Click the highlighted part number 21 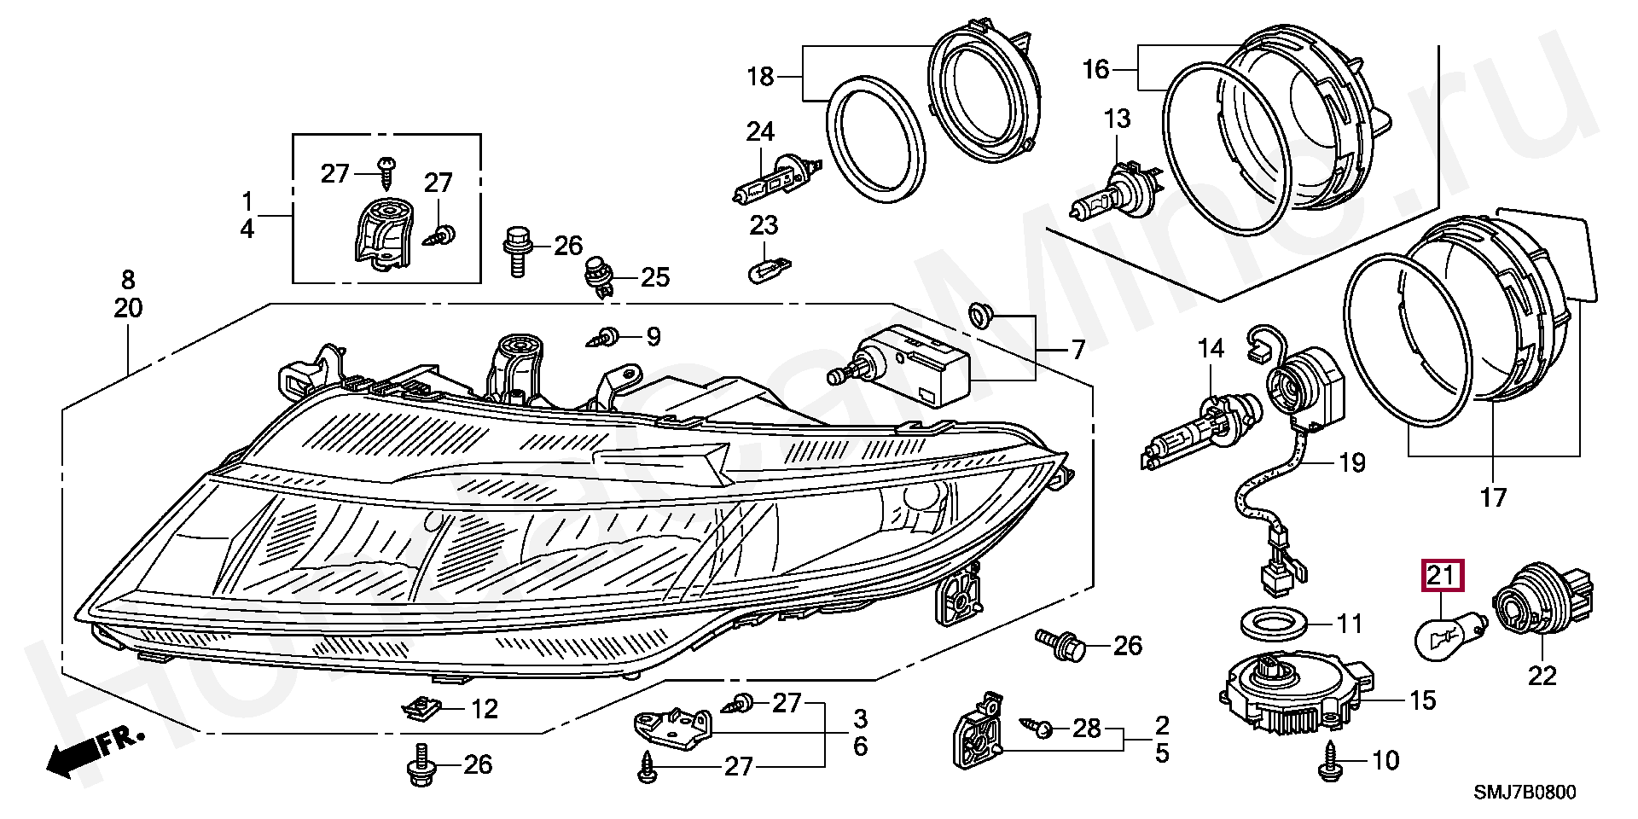click(x=1440, y=577)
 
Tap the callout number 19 click(x=1352, y=462)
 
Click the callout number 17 click(x=1493, y=497)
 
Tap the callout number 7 click(x=1077, y=350)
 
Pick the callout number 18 click(x=760, y=77)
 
